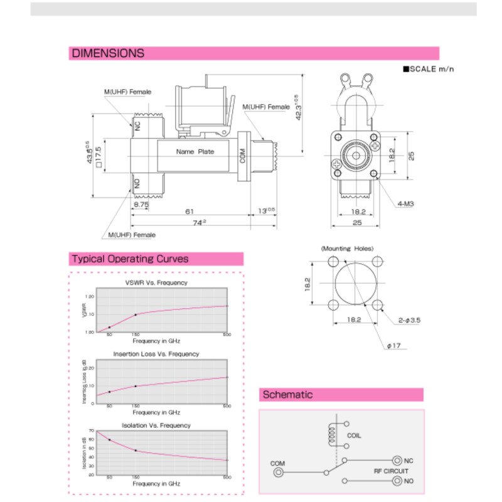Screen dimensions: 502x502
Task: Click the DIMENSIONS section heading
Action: pos(108,53)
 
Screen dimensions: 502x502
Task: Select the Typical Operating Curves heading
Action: pos(130,259)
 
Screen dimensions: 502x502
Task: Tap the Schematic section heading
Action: pos(287,395)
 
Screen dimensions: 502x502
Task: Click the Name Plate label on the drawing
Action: pos(195,152)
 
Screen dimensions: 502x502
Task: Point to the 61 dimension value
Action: pos(190,211)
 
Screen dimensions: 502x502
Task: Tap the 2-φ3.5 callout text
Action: pos(409,320)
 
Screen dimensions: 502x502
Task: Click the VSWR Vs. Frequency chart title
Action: pos(156,282)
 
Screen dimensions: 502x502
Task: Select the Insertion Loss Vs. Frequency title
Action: pos(156,354)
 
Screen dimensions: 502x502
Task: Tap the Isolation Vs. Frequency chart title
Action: pos(156,425)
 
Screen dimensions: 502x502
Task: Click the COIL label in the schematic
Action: pos(354,435)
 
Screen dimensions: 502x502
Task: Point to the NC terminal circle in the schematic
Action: pos(397,460)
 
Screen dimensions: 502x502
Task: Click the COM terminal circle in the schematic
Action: pos(277,473)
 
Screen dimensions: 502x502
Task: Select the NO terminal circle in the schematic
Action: pos(397,481)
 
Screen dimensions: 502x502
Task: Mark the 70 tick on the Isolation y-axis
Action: pos(92,431)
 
